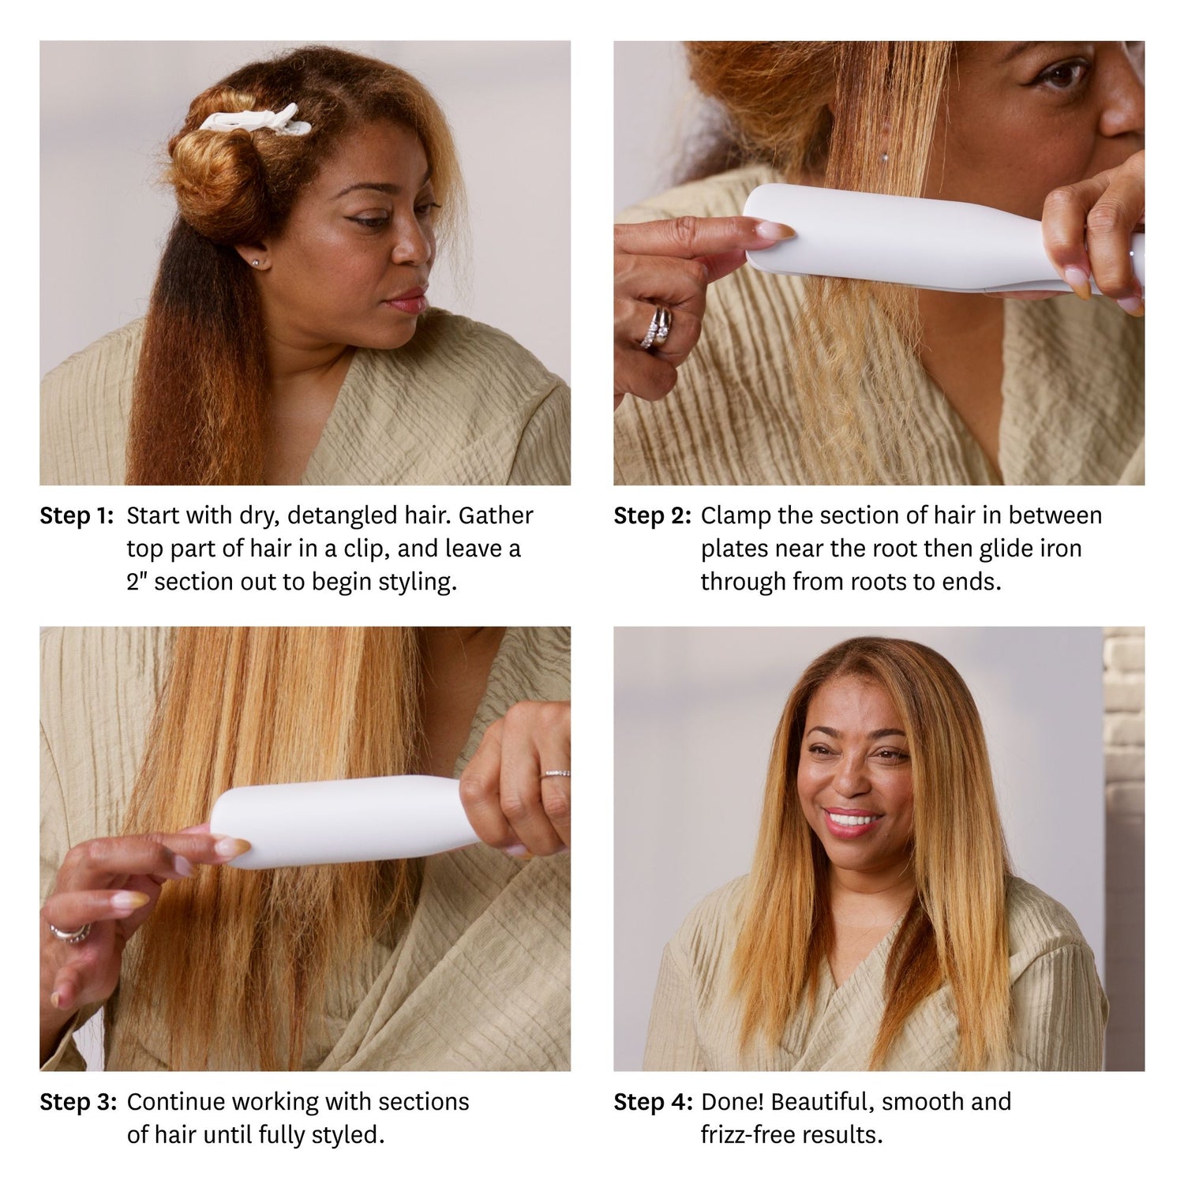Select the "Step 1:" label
(x=77, y=516)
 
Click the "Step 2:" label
(x=652, y=516)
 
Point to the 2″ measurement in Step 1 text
(x=137, y=582)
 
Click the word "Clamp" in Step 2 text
(x=736, y=516)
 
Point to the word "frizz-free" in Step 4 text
(x=746, y=1135)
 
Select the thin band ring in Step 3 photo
(x=556, y=774)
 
